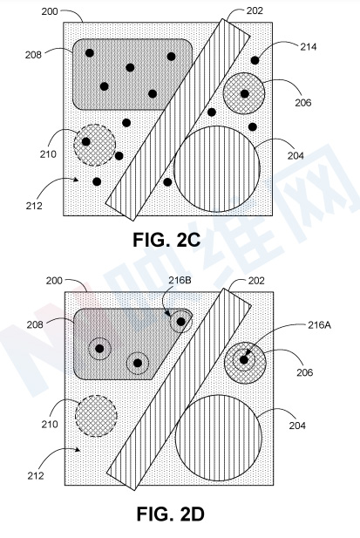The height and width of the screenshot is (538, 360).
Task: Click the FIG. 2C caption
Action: [x=166, y=240]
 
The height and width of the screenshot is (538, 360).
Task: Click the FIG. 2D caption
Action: [x=170, y=514]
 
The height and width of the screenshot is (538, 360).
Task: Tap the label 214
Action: [x=309, y=47]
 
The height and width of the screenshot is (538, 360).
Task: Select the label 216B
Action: [x=180, y=280]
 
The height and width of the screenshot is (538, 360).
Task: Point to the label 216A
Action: [x=319, y=324]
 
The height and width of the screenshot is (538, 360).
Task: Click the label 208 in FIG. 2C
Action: [x=33, y=55]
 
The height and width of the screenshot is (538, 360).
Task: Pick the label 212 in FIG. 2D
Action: [x=36, y=475]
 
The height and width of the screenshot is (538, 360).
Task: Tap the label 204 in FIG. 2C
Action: [x=295, y=156]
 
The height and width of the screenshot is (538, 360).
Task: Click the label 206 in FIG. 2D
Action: [x=305, y=372]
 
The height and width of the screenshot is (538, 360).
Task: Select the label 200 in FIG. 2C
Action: [x=50, y=11]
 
